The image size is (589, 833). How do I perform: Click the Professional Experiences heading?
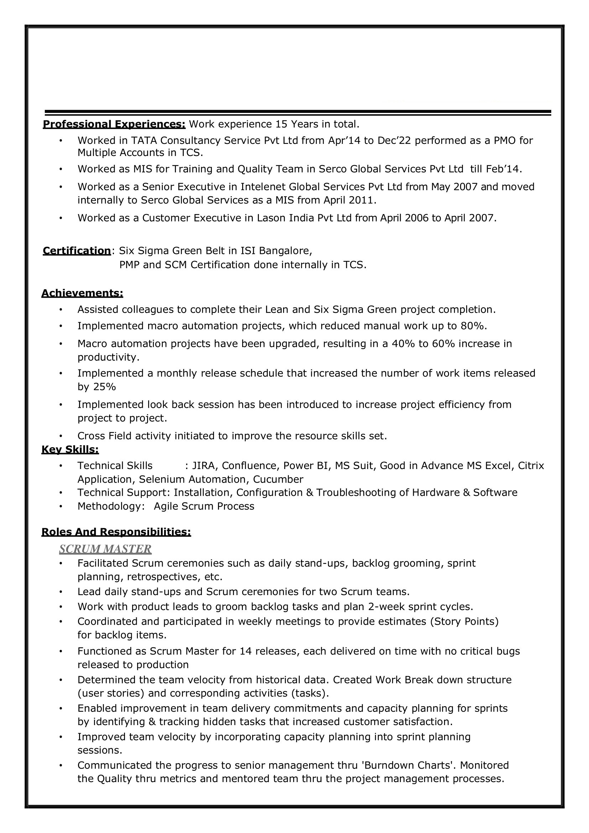pyautogui.click(x=114, y=124)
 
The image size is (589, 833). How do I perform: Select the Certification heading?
pyautogui.click(x=77, y=251)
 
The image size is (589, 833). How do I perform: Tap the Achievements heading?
pyautogui.click(x=82, y=293)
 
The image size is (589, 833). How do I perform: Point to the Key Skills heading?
pyautogui.click(x=70, y=449)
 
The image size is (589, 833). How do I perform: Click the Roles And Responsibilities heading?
pyautogui.click(x=116, y=532)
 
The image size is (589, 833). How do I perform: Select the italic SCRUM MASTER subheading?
pyautogui.click(x=105, y=549)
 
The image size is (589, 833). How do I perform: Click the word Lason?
pyautogui.click(x=270, y=218)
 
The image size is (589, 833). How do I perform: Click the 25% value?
pyautogui.click(x=105, y=387)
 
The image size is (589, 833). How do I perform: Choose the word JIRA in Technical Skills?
pyautogui.click(x=202, y=465)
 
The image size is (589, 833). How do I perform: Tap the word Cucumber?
pyautogui.click(x=278, y=479)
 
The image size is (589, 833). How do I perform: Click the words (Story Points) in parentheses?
pyautogui.click(x=464, y=621)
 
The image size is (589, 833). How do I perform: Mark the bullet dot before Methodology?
pyautogui.click(x=61, y=506)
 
